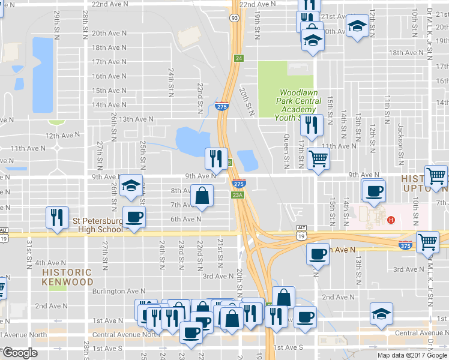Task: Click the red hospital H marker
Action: click(x=391, y=220)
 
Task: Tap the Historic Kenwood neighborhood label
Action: click(x=67, y=277)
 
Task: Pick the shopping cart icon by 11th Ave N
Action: click(x=318, y=159)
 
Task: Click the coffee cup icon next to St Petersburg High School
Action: click(x=133, y=217)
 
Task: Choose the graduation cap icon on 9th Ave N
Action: click(x=130, y=186)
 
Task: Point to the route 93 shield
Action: click(x=234, y=18)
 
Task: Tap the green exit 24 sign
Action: click(x=239, y=58)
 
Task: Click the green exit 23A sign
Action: click(x=237, y=194)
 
